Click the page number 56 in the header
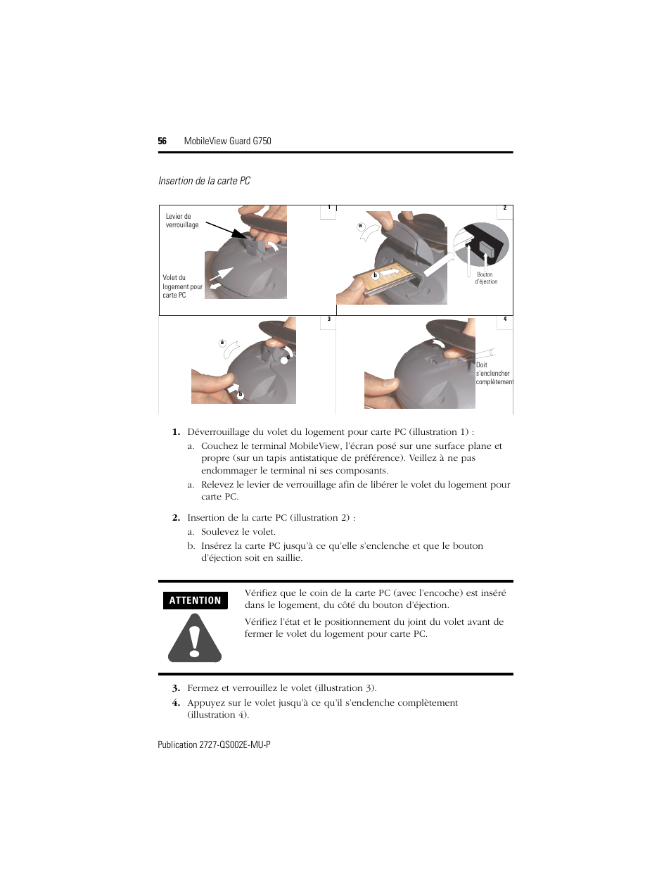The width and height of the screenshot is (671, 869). coord(162,141)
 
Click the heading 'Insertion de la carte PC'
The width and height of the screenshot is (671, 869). coord(204,181)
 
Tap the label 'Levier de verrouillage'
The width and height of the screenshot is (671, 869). coord(182,220)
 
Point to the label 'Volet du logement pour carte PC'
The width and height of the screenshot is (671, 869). coord(182,286)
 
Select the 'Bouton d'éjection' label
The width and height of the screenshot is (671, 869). coord(486,278)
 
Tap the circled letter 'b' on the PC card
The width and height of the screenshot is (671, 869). coord(375,275)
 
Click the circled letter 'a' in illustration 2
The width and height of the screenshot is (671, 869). coord(360,226)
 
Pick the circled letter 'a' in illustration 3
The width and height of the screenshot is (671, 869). coord(222,343)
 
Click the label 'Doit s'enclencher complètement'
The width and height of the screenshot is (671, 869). coord(494,373)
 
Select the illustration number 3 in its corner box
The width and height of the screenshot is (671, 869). coord(328,319)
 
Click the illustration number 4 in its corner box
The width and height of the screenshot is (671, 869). coord(505,319)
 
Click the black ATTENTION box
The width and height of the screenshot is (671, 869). coord(195,600)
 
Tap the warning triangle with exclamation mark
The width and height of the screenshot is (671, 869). coord(195,638)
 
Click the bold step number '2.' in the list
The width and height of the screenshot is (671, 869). coord(177,518)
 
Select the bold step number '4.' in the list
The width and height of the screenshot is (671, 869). coord(177,703)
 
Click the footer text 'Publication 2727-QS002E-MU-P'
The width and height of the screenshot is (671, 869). coord(214,744)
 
